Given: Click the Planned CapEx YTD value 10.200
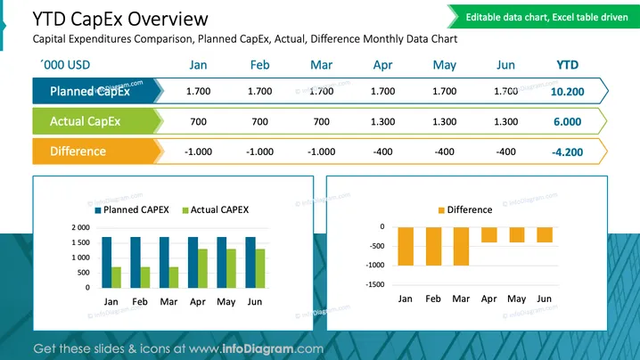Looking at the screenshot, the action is (x=567, y=92).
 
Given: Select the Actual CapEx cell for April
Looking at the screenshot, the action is (x=383, y=121).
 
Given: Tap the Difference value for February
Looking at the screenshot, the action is (x=259, y=151).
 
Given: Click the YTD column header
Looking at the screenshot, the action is (x=567, y=65).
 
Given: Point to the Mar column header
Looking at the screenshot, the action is (x=321, y=65).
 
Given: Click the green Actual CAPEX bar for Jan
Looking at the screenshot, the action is (x=117, y=277).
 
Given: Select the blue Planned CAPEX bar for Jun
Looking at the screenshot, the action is (x=250, y=263).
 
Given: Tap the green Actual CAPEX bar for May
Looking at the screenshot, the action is (x=232, y=268).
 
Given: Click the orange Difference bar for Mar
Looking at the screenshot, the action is (x=461, y=246).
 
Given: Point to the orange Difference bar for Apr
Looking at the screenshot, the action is (x=489, y=234).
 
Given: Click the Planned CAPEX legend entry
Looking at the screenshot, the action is (x=132, y=209).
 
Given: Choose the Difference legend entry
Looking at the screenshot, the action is (x=465, y=209).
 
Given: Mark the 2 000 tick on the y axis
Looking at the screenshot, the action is (x=81, y=227).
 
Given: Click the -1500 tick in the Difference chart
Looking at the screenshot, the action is (x=375, y=284).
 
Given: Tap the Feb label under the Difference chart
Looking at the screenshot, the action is (x=433, y=299).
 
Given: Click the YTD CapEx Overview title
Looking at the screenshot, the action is (x=120, y=20).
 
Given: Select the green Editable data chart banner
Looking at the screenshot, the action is (x=544, y=17).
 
